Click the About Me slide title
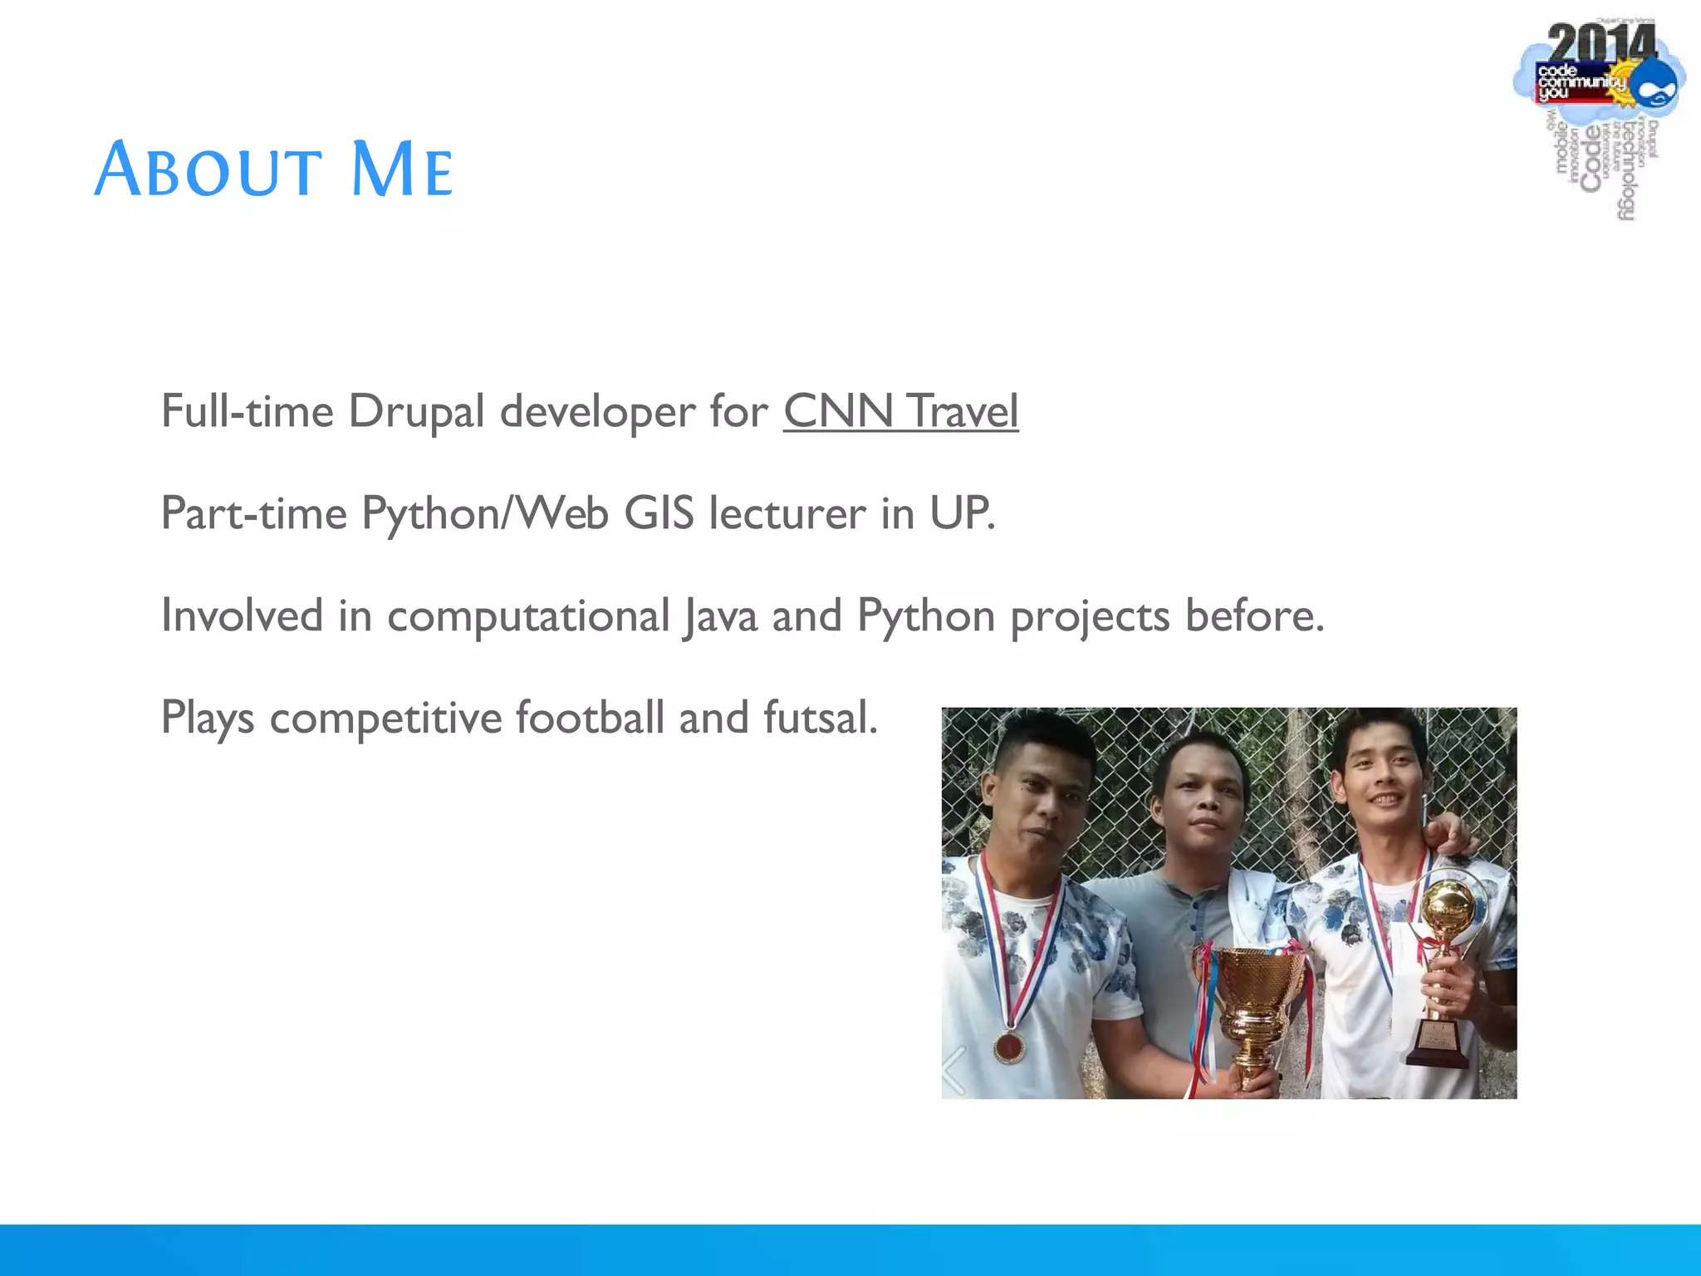pos(273,170)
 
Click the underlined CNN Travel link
pos(900,411)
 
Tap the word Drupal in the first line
pos(415,411)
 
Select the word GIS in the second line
pos(659,513)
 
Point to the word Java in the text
pos(719,616)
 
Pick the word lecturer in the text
pos(787,513)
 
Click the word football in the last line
pos(590,718)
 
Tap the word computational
pos(528,616)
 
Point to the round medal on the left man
pos(1009,1047)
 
